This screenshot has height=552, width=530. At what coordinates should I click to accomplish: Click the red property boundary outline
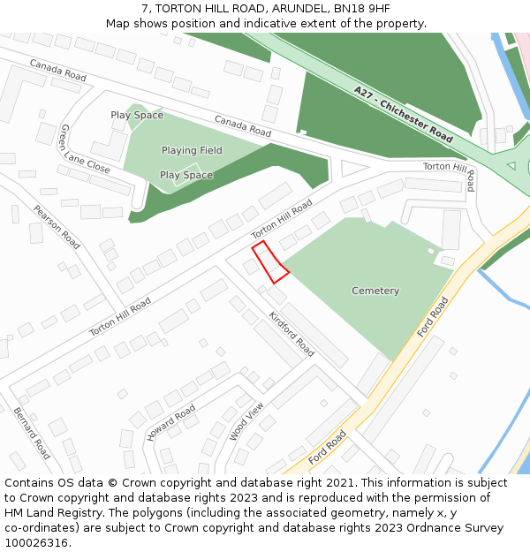pos(270,262)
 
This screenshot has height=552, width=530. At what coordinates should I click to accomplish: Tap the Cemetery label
pos(375,291)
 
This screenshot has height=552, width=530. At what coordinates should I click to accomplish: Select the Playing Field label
pos(192,150)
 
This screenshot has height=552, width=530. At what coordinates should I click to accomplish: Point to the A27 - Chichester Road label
pos(403,115)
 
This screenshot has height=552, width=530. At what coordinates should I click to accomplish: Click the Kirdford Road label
pos(291,334)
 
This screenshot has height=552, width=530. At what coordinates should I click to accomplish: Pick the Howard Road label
pos(171,423)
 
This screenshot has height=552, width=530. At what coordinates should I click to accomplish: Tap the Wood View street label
pos(246,421)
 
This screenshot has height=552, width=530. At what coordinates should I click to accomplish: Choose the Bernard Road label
pos(32,433)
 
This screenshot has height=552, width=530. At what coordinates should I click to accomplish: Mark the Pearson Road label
pos(57,227)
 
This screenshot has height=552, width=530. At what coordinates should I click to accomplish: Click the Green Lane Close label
pos(85,149)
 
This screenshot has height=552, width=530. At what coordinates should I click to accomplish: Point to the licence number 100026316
pos(35,542)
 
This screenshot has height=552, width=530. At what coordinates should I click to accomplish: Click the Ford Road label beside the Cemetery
pos(433,316)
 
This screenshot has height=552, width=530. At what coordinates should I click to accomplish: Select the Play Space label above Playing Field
pos(137,115)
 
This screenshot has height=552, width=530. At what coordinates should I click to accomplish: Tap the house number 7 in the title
pos(144,9)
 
